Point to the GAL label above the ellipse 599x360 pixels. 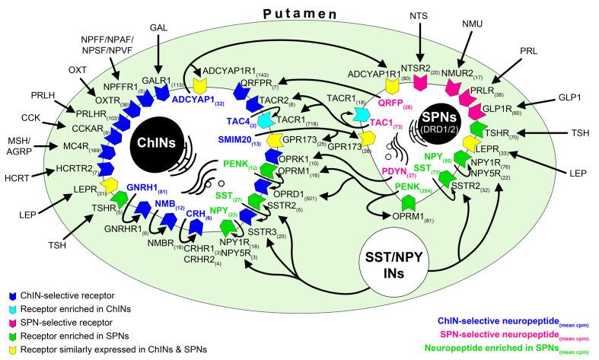[x=158, y=26]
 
